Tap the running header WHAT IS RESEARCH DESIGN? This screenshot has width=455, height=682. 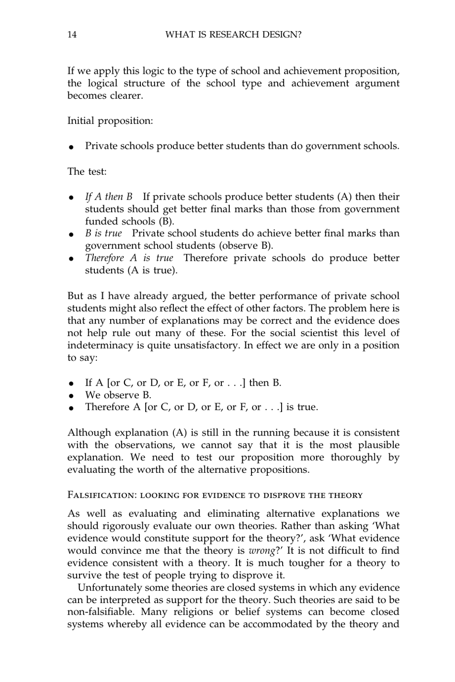point(233,34)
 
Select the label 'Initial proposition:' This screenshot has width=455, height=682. point(110,121)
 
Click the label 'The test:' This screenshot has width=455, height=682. point(87,171)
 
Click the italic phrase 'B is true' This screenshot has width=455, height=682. point(103,233)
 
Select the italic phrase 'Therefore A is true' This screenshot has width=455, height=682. point(129,258)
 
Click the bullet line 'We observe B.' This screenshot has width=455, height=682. point(118,395)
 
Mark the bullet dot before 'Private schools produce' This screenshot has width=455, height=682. point(70,147)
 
